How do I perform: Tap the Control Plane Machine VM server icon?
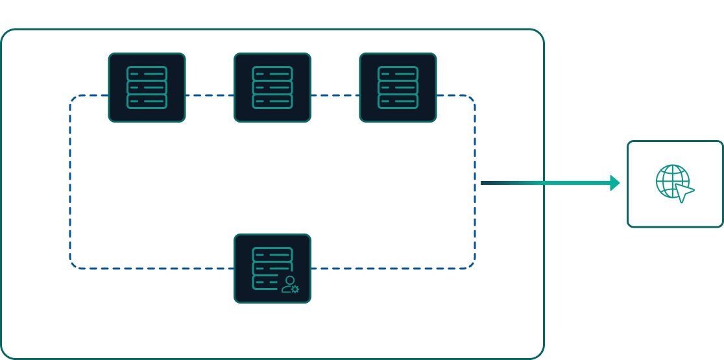[147, 88]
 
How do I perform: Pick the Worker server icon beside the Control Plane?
[272, 88]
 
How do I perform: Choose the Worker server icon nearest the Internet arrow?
[398, 88]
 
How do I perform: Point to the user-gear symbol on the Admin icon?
[290, 284]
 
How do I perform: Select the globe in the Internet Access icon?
[671, 180]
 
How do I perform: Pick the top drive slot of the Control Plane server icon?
[147, 73]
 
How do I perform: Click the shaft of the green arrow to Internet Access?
[545, 184]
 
